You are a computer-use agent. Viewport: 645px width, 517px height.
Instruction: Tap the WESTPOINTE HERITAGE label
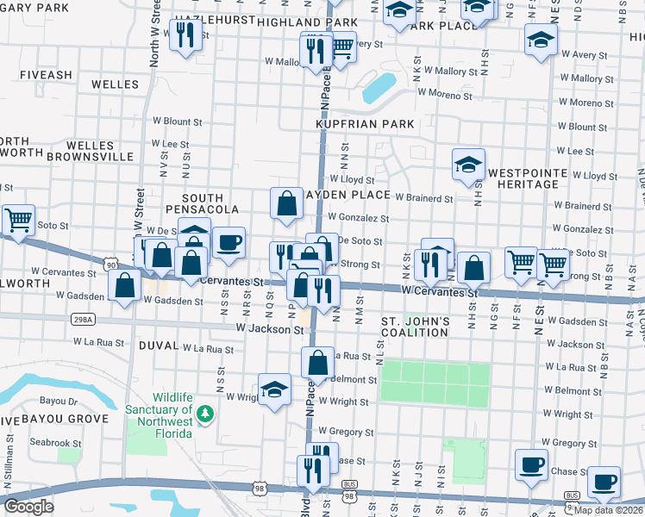point(527,179)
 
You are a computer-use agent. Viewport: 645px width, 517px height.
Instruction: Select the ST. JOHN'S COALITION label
point(416,327)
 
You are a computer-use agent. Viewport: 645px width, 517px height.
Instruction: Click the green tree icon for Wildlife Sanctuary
point(204,416)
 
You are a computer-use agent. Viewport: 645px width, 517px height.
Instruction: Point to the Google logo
point(28,507)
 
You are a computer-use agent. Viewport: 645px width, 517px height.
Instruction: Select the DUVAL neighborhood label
point(156,346)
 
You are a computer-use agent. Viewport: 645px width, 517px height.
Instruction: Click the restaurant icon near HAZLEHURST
point(185,35)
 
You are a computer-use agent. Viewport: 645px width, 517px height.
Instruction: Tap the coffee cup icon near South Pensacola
point(229,243)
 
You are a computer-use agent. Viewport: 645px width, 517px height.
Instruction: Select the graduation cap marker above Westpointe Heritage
point(468,165)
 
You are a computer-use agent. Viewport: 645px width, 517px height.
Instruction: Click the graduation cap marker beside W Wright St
point(274,389)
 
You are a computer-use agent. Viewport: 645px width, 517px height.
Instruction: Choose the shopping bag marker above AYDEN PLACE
point(286,204)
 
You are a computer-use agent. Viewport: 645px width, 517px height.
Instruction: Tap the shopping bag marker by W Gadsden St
point(125,287)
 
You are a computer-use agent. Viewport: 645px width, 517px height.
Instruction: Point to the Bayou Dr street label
point(58,401)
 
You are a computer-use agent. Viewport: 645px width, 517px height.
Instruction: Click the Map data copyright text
point(609,509)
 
